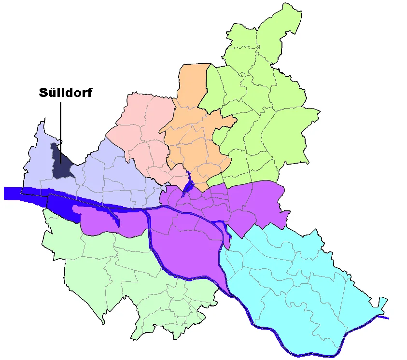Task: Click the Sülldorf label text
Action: pos(65,93)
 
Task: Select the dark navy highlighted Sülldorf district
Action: pos(61,164)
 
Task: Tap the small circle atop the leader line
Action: pos(61,141)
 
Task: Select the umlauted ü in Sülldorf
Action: pos(52,93)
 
